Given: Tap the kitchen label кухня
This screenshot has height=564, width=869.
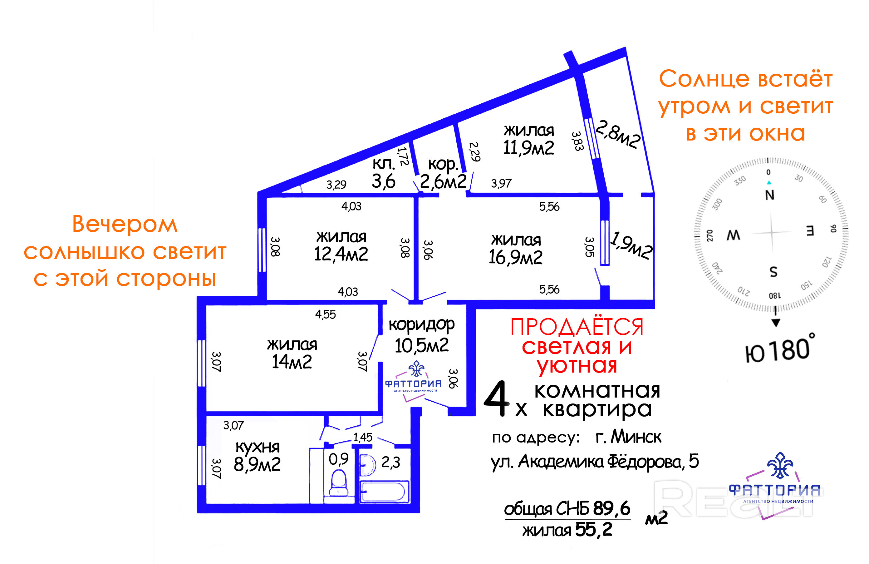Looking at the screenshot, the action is (x=258, y=446).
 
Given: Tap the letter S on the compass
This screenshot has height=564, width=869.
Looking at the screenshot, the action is (x=773, y=272).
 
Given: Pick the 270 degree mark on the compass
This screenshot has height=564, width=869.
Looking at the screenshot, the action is (x=710, y=235).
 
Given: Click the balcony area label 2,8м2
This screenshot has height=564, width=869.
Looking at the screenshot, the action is (x=618, y=134).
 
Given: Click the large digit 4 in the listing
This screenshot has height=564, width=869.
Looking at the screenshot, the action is (x=496, y=399).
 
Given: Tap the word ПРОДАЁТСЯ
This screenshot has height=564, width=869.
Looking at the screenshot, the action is (x=577, y=327).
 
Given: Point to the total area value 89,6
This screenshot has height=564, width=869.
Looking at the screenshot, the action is (x=611, y=508).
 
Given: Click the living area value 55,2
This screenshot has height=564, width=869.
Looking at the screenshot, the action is (x=594, y=529).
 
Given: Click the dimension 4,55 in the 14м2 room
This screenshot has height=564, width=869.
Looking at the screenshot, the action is (x=325, y=314).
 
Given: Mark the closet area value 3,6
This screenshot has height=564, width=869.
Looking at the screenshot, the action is (x=383, y=181).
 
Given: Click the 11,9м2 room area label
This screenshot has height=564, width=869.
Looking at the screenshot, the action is (x=528, y=148).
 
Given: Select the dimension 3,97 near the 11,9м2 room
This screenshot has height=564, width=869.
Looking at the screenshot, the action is (x=501, y=183).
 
